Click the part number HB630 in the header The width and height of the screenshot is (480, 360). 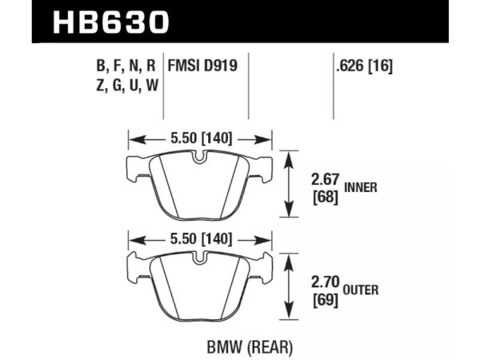click(x=111, y=21)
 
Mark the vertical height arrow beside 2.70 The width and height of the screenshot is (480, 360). click(x=287, y=284)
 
